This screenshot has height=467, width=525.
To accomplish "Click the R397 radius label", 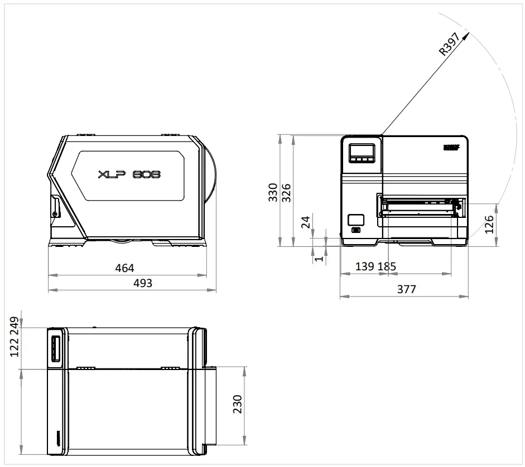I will (x=450, y=43).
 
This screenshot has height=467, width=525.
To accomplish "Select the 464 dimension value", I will (x=124, y=268).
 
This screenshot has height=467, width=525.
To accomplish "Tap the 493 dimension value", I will (x=143, y=283).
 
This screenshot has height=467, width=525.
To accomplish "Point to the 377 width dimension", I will (x=406, y=289).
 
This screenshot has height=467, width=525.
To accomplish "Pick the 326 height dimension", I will (x=286, y=192).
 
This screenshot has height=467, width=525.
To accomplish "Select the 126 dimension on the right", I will (x=489, y=225).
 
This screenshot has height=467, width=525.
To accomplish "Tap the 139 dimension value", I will (x=365, y=266).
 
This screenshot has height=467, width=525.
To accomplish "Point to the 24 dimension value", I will (x=305, y=223).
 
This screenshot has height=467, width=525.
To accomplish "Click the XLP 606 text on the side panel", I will (x=129, y=174).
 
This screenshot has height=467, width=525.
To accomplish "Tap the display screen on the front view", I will (x=361, y=150).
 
